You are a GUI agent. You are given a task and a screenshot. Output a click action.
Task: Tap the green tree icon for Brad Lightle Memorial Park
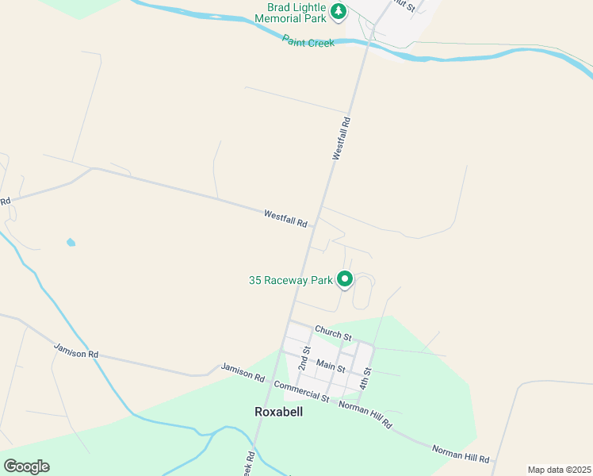339,11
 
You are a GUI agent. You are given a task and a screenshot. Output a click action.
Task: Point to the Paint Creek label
308,42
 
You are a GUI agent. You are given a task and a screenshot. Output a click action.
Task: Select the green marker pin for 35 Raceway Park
345,279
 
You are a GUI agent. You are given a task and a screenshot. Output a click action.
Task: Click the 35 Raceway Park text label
291,280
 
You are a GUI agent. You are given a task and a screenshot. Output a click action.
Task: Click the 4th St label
365,377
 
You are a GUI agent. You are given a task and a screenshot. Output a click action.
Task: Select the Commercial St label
300,390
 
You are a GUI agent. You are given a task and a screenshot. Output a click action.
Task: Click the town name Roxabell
278,412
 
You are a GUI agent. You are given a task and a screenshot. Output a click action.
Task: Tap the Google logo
26,466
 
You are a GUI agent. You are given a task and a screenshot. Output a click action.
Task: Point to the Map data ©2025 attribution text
559,470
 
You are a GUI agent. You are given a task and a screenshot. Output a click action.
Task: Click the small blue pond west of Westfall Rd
71,242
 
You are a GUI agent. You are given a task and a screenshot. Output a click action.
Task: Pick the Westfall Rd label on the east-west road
285,218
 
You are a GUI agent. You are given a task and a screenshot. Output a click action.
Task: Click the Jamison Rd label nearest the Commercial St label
243,373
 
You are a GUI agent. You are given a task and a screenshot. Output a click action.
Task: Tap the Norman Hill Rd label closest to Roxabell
365,414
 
